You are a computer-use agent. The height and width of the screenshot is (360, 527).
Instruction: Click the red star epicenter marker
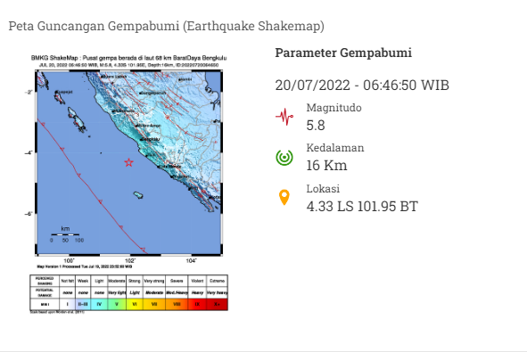128,162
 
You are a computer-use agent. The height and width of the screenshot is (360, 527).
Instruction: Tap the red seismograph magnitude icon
284,117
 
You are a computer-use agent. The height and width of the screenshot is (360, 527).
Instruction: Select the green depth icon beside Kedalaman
284,158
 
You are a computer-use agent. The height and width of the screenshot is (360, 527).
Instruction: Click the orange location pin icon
284,197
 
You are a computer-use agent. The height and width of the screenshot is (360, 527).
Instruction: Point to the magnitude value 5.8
316,125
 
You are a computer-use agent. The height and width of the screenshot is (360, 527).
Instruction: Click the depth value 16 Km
326,166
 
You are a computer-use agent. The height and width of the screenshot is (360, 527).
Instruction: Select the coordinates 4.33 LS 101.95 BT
362,206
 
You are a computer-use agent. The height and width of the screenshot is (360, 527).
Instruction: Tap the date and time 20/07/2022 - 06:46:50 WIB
362,86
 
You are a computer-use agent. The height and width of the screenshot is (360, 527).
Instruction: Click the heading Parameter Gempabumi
343,53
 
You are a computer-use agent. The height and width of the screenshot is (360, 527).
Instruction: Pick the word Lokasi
322,189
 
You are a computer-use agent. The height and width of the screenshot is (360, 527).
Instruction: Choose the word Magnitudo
333,108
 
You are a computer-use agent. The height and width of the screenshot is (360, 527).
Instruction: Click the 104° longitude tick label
191,260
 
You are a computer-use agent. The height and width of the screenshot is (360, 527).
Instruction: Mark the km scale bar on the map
66,234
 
